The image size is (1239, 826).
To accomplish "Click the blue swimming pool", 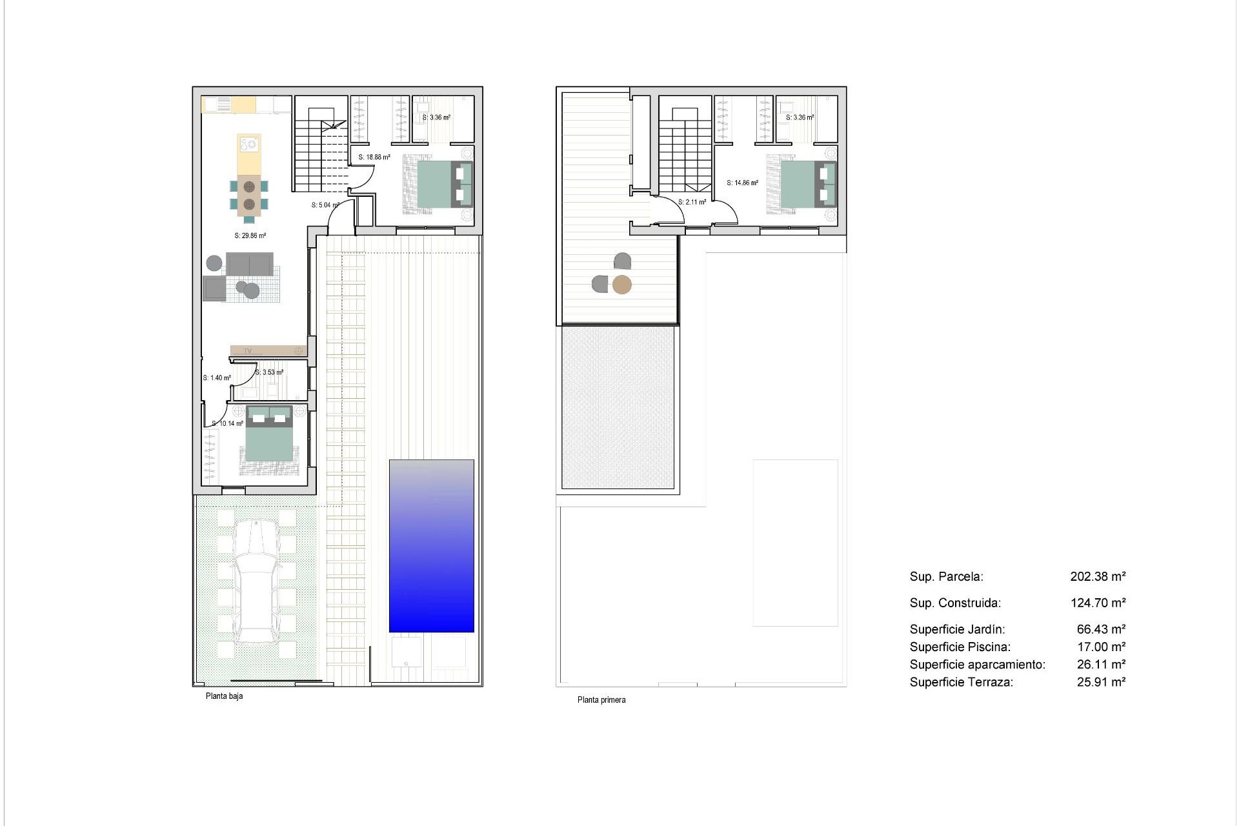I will click(x=431, y=546).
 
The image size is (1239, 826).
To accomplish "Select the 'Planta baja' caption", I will click(x=224, y=696).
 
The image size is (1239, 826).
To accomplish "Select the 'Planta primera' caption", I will click(x=601, y=700).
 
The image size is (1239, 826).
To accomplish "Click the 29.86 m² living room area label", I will click(x=250, y=236).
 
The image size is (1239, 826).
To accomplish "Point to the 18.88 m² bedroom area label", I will click(x=374, y=157).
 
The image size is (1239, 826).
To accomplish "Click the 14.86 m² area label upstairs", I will click(x=742, y=183).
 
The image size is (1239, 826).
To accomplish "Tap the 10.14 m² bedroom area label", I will click(x=228, y=424).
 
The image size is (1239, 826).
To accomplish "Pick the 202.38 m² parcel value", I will click(x=1098, y=576).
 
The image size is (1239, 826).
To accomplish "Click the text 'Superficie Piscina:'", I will click(x=960, y=647).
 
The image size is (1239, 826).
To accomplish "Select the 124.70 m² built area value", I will click(x=1098, y=603).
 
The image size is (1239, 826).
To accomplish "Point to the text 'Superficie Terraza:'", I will click(x=961, y=682).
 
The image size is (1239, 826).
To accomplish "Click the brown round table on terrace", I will click(x=621, y=285).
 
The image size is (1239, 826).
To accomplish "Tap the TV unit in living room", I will click(x=268, y=350).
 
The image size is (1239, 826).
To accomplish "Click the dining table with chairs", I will click(x=249, y=195).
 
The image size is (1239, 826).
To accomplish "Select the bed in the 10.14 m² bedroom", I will click(x=269, y=439).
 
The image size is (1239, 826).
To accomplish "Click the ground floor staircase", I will click(x=321, y=155).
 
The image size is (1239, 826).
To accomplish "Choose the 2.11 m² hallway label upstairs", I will click(x=692, y=202).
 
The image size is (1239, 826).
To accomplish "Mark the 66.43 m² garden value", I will click(x=1101, y=629).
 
